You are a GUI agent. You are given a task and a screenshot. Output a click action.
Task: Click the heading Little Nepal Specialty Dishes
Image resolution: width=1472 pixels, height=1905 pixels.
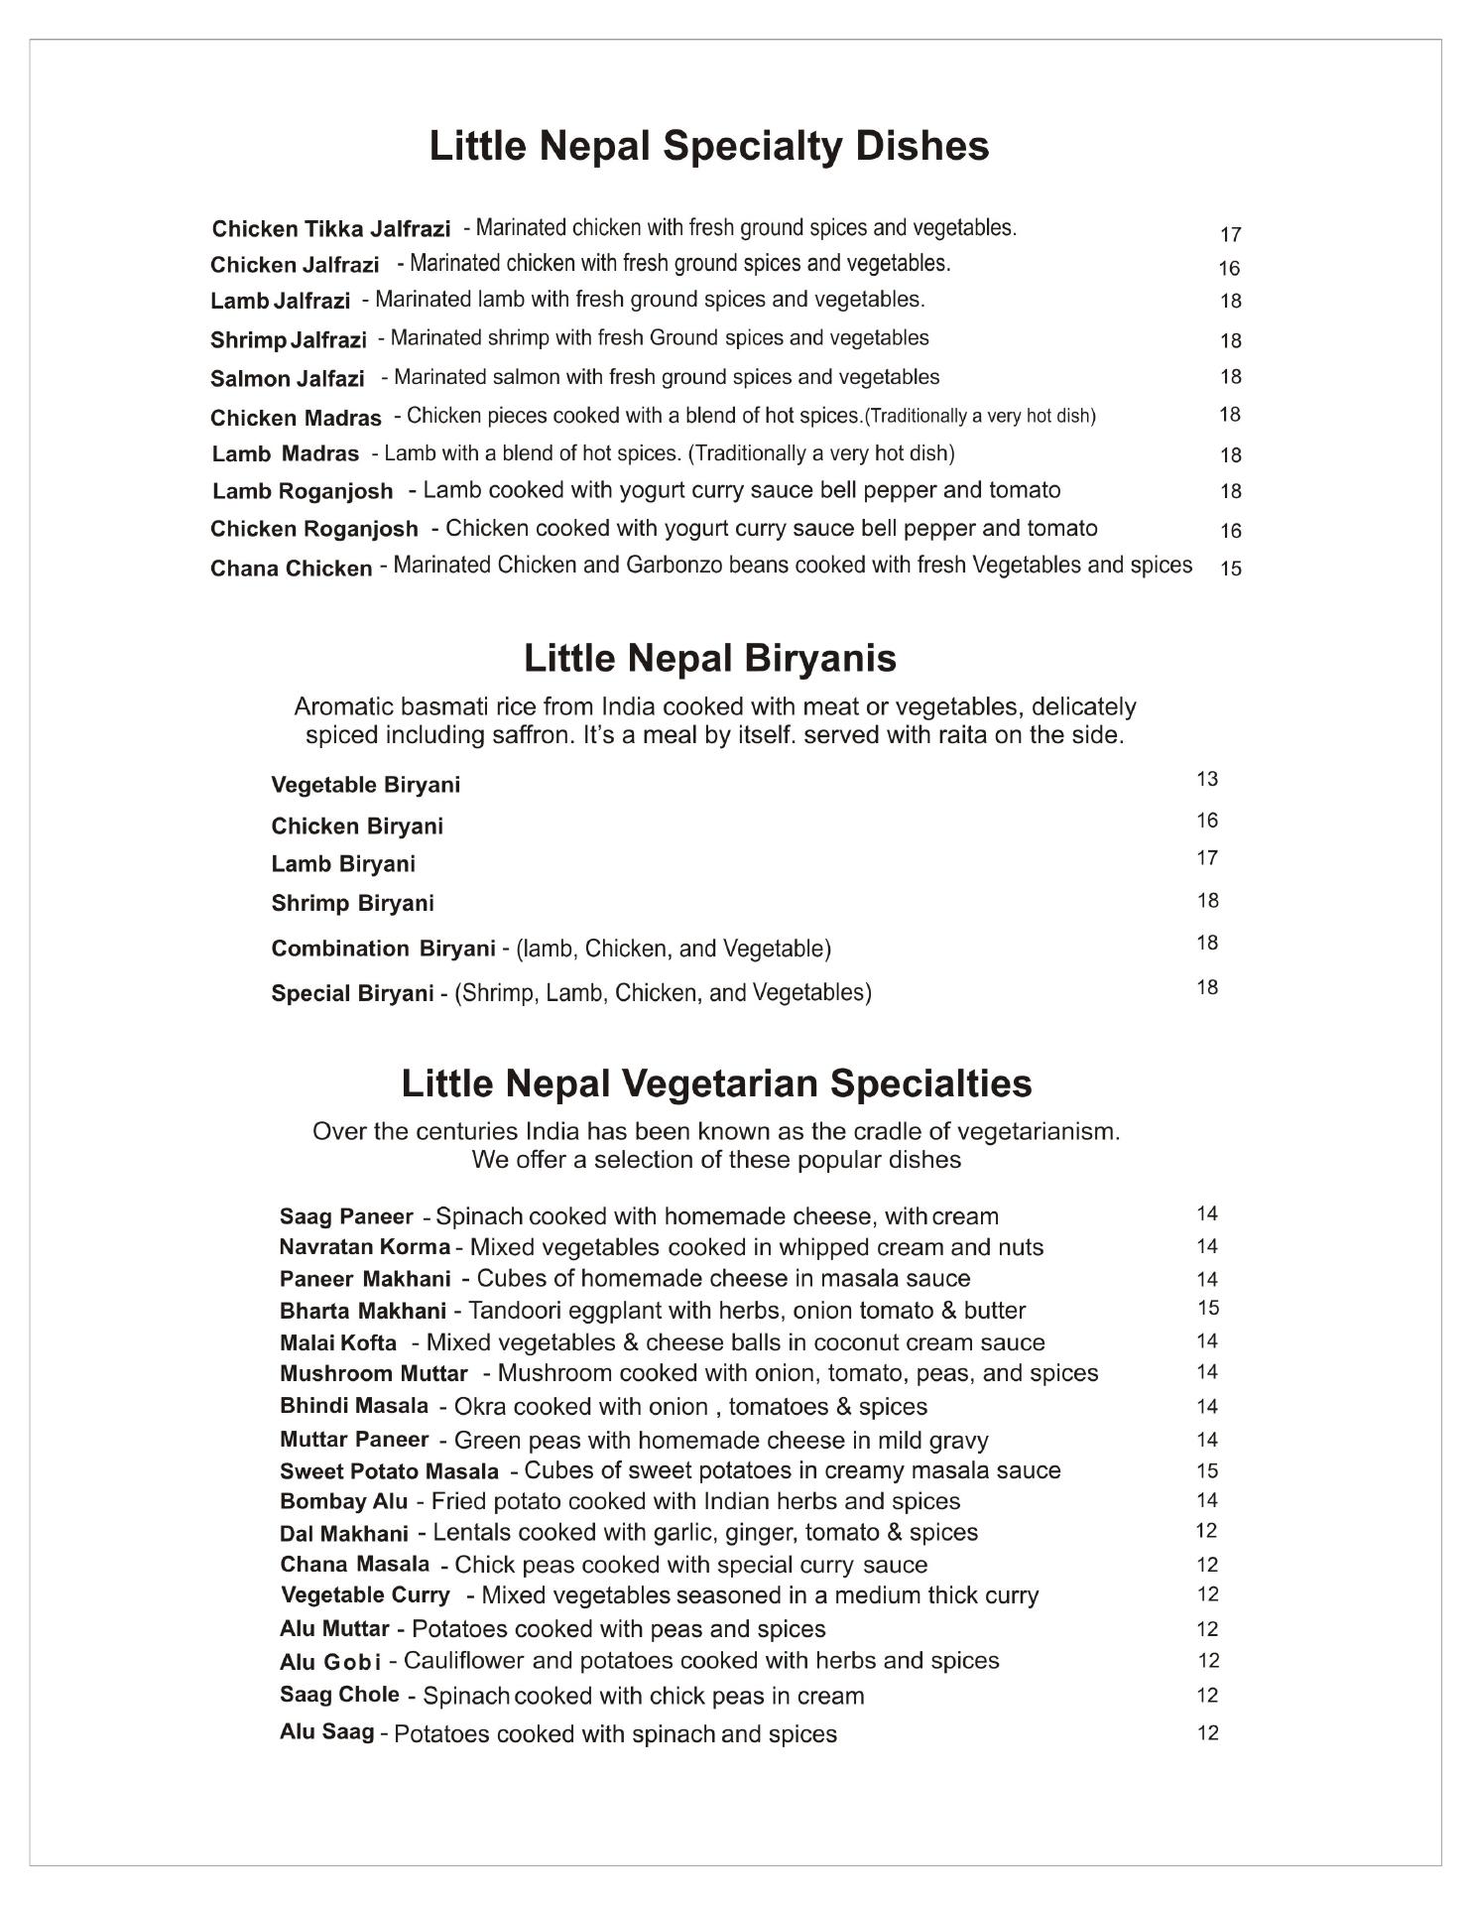tap(708, 146)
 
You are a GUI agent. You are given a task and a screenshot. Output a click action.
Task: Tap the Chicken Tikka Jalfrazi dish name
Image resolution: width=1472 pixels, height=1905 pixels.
tap(330, 229)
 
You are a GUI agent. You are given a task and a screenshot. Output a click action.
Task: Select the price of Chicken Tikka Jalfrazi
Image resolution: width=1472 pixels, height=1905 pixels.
tap(1230, 235)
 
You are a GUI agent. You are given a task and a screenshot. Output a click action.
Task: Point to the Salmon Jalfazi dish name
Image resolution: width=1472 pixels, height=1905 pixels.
tap(287, 379)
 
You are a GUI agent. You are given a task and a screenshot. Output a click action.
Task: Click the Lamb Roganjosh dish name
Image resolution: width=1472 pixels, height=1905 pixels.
tap(302, 491)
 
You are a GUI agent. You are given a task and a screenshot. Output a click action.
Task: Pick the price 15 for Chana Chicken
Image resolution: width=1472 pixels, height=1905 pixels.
tap(1230, 570)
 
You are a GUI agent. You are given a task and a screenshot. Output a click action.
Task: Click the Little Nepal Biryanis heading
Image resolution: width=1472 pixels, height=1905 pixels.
tap(709, 659)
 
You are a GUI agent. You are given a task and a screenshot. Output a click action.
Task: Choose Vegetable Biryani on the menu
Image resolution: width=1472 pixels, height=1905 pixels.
tap(365, 785)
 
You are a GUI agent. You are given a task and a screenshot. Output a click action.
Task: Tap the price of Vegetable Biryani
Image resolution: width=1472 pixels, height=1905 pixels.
tap(1206, 779)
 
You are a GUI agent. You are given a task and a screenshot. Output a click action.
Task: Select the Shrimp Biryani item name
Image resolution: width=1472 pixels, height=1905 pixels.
tap(352, 903)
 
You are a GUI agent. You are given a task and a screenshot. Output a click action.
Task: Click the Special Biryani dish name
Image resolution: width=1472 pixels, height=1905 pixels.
tap(352, 993)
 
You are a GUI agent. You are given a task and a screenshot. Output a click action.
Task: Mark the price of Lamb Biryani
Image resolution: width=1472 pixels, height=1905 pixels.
tap(1206, 858)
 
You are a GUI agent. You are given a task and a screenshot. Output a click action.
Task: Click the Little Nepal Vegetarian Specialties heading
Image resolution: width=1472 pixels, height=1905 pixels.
tap(716, 1082)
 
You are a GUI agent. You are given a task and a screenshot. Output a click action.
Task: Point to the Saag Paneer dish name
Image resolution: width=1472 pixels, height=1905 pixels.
tap(345, 1216)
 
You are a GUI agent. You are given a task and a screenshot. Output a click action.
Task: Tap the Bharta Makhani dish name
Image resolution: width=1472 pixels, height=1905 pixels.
tap(362, 1311)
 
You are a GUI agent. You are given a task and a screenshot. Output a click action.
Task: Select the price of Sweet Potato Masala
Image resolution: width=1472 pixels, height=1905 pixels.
tap(1206, 1470)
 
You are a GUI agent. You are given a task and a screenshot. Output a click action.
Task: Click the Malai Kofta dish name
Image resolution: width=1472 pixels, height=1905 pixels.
tap(337, 1343)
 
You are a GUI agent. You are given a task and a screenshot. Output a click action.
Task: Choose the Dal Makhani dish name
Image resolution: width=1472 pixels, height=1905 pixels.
tap(343, 1534)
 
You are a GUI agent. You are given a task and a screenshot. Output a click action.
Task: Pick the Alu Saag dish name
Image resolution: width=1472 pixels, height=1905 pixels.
tap(326, 1732)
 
